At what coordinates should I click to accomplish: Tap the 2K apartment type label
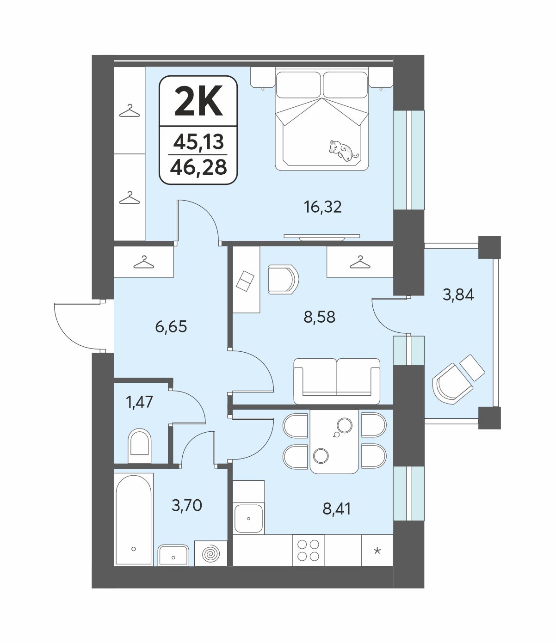198,101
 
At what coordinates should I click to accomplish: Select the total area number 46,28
198,167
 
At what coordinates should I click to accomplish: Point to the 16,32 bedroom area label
322,207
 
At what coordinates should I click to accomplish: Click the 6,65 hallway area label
171,327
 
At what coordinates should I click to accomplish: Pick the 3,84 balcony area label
458,294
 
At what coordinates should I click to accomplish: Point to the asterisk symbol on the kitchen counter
377,551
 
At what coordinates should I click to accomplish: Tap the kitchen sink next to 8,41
248,519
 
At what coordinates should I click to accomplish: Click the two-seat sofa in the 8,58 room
337,381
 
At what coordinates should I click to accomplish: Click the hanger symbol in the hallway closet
143,262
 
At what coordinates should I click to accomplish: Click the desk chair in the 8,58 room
283,279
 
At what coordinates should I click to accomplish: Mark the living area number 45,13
198,142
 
